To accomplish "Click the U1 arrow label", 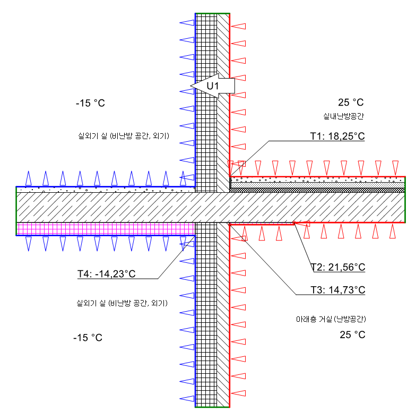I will click(212, 85).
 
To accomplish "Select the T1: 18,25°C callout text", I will click(337, 136).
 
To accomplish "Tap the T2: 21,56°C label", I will click(337, 267).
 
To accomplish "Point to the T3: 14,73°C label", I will click(337, 290).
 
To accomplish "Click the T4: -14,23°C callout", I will click(106, 274).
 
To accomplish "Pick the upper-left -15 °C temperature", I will click(90, 104).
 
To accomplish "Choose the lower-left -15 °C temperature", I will click(88, 338).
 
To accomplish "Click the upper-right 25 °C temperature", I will click(351, 103).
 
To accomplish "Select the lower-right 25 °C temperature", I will click(352, 335).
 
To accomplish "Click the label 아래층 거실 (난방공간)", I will click(331, 320).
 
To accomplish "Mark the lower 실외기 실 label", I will click(123, 304).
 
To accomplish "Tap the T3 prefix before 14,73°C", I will click(316, 290).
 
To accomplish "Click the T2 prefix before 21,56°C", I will click(316, 267).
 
